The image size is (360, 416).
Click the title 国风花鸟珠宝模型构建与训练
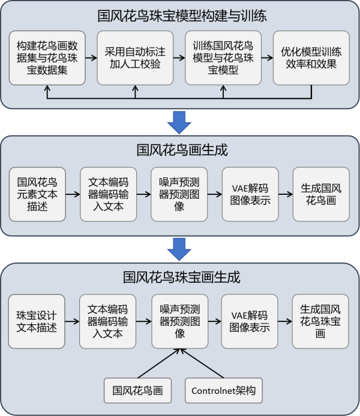180,16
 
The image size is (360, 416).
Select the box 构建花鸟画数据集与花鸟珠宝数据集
47,58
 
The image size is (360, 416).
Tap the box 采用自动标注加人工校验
135,58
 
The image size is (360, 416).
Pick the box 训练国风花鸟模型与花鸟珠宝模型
223,58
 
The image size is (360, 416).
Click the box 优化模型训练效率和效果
311,58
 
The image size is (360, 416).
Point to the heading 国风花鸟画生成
180,150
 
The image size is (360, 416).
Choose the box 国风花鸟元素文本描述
37,194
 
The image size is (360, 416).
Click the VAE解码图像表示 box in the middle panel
250,194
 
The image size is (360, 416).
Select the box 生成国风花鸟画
320,194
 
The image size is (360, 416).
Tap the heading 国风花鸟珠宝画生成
180,278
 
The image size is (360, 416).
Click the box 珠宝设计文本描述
37,322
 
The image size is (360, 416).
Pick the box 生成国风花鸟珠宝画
320,322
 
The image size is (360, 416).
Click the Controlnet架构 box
223,391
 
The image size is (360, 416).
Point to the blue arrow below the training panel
179,122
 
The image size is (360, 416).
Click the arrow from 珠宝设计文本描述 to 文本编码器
72,322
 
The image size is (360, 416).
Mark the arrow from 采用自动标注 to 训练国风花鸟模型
179,58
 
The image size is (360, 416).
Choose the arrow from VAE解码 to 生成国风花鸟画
284,195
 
